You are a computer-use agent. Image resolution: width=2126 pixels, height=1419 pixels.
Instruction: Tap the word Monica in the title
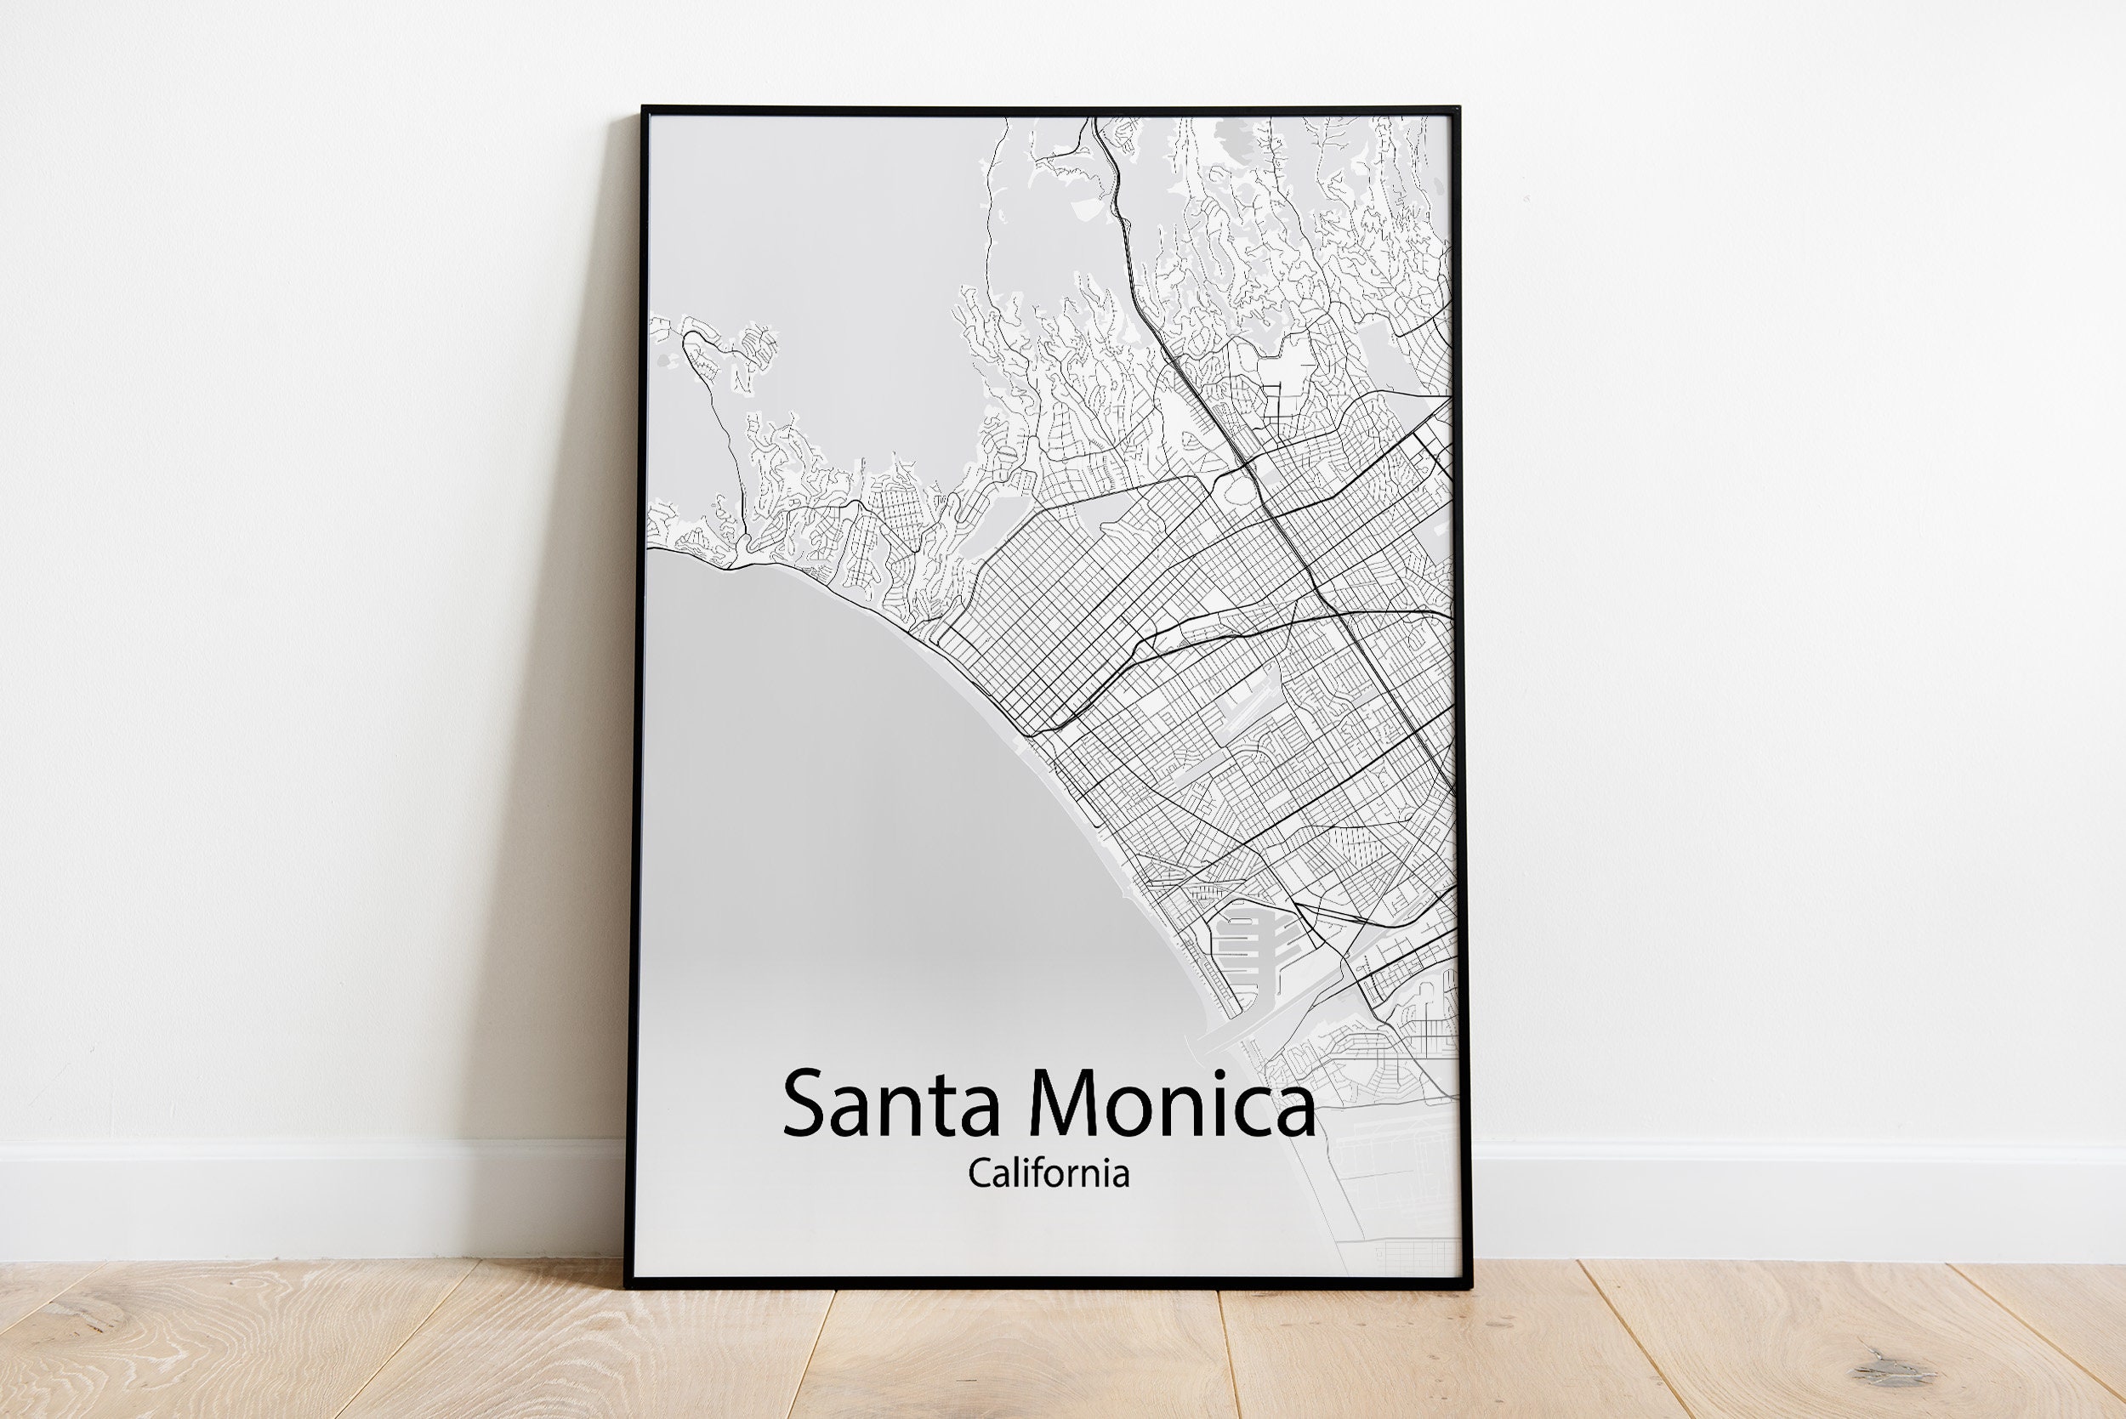point(1172,1104)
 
